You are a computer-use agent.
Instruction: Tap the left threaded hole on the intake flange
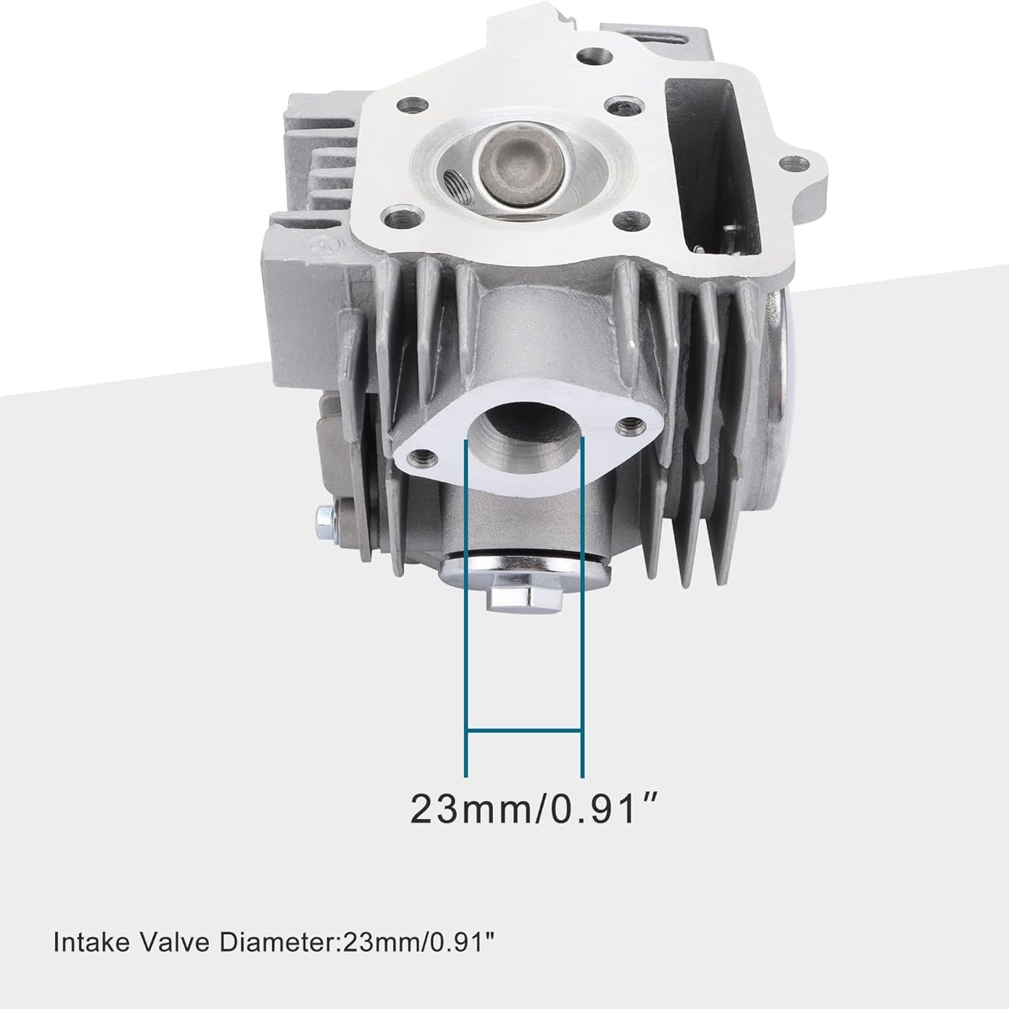click(423, 457)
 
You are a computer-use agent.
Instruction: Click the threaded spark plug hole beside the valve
click(457, 187)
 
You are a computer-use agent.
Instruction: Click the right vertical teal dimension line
click(582, 607)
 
